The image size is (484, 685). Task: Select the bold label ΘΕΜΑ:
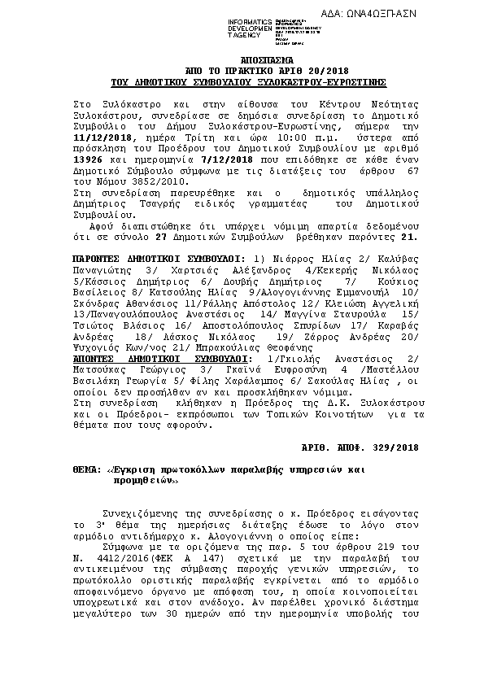pos(78,471)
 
